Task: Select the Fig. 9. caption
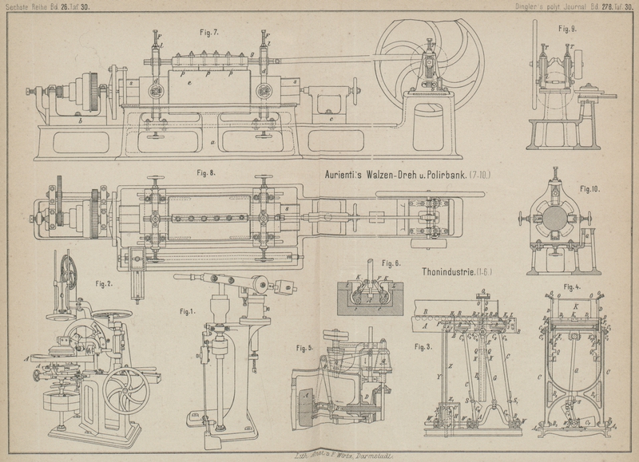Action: click(568, 29)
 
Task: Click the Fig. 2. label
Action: click(105, 282)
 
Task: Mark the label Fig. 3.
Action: click(424, 346)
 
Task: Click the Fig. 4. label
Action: click(572, 286)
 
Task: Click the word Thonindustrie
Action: click(447, 272)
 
